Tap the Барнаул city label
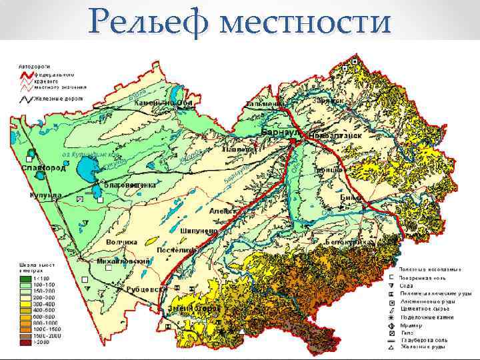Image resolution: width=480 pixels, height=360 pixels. (283, 132)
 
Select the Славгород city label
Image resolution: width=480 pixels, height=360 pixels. (44, 169)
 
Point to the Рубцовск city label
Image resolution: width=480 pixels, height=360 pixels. (147, 289)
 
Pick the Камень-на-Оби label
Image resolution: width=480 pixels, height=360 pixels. (163, 104)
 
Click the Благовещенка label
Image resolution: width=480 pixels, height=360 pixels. (130, 184)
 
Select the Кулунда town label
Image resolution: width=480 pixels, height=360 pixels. (45, 195)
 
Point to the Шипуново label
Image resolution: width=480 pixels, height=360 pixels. (199, 230)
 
